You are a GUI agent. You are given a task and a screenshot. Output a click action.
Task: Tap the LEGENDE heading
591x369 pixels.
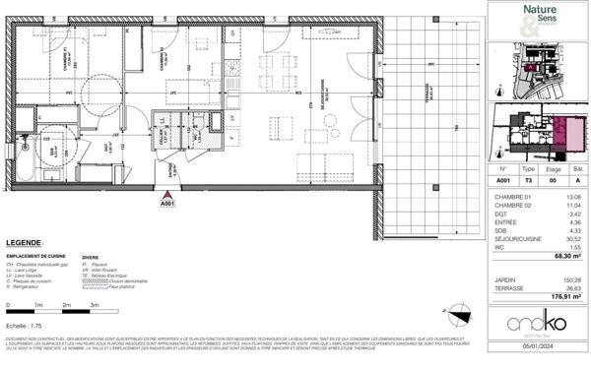click(x=24, y=242)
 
